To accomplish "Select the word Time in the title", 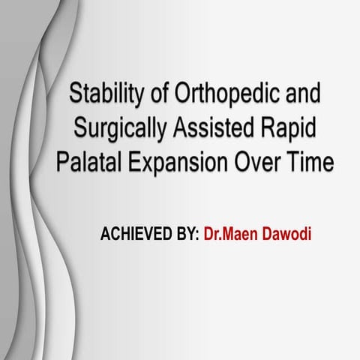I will (x=309, y=160).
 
